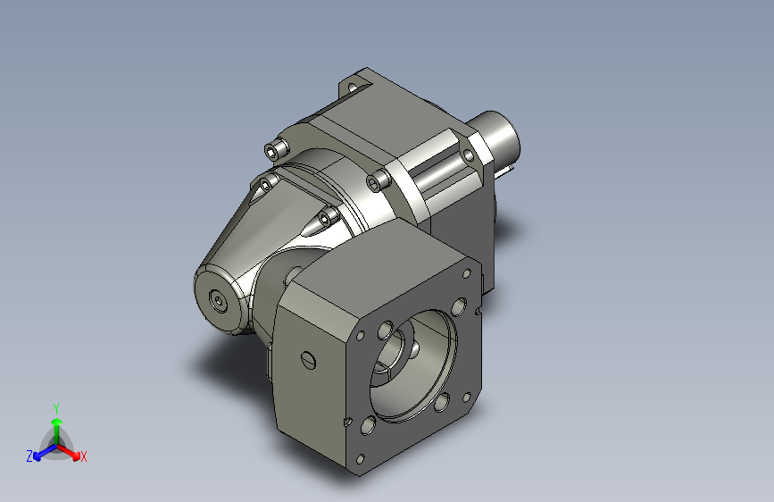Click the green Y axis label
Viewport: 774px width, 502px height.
point(56,408)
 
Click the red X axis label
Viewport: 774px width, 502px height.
point(83,456)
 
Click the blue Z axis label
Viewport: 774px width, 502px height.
point(29,456)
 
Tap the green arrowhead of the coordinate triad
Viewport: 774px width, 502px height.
point(57,422)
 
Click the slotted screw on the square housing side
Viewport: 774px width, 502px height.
point(308,360)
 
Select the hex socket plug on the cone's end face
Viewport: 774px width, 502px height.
point(218,300)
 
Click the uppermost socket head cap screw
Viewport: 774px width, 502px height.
point(276,149)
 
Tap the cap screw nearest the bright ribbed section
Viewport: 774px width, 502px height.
point(379,180)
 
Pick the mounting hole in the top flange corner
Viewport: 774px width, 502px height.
point(352,88)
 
